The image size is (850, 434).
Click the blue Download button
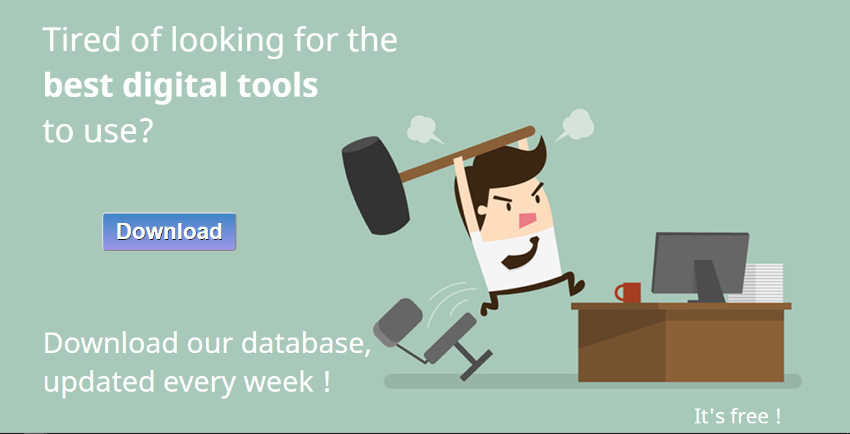[x=169, y=232]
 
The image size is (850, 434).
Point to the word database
[x=303, y=343]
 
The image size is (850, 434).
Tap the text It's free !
[x=737, y=415]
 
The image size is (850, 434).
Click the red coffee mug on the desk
[x=630, y=292]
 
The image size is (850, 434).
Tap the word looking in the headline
[x=227, y=40]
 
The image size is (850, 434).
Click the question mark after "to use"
[x=144, y=131]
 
